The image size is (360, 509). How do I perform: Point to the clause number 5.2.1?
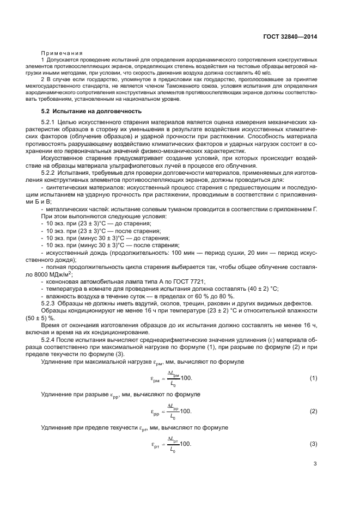pos(50,122)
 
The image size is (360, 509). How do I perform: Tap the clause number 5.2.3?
pos(50,302)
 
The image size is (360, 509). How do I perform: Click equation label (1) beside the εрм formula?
pos(313,378)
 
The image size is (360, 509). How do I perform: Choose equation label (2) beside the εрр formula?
pos(313,412)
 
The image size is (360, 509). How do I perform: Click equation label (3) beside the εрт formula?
pos(313,445)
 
